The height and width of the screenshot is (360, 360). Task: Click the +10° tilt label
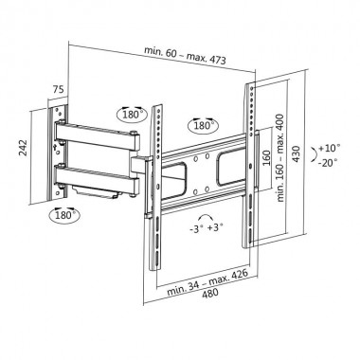tap(331, 149)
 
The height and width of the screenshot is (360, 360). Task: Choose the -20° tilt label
tap(332, 162)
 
